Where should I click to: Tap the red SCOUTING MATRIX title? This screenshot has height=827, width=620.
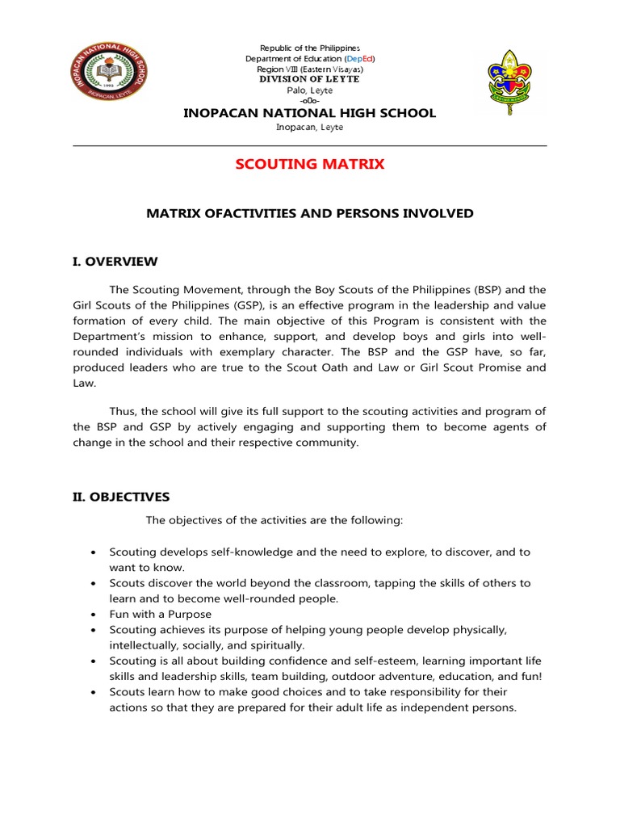(x=310, y=165)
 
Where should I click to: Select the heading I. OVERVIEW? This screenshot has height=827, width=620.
(x=115, y=262)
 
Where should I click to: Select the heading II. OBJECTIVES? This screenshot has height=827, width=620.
(x=121, y=496)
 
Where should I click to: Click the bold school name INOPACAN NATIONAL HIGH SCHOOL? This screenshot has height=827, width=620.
(x=310, y=113)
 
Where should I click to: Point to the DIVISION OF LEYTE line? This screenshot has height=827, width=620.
(x=309, y=79)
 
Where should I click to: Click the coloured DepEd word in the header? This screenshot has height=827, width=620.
(x=358, y=59)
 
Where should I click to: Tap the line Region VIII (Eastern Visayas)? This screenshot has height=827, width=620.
(x=309, y=69)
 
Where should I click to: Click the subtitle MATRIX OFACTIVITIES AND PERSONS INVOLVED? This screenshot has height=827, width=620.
(x=310, y=213)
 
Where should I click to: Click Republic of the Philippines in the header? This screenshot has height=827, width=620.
(x=309, y=49)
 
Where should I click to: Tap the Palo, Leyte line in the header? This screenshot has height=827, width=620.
(x=309, y=90)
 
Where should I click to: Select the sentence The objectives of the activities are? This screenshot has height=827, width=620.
(x=274, y=520)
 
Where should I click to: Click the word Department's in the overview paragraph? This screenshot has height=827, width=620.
(x=108, y=337)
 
